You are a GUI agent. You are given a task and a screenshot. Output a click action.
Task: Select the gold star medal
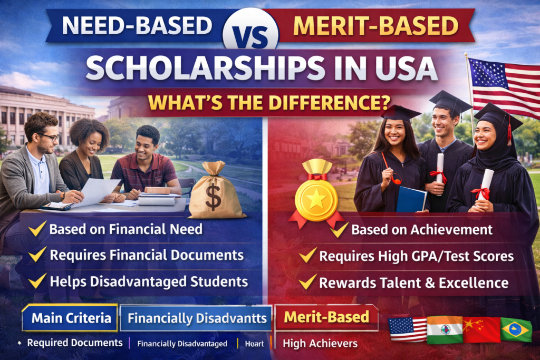315,200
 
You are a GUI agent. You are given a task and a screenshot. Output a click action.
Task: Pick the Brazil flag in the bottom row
516,330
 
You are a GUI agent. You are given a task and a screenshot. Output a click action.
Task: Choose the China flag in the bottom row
480,330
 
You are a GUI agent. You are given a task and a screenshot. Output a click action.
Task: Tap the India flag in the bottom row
443,330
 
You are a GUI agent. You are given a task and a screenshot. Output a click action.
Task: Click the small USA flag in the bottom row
407,330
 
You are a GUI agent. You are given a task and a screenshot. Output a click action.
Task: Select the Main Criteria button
70,318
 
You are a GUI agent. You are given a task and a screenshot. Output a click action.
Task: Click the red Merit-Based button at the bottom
326,317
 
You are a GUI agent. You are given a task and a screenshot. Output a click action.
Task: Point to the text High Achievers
320,344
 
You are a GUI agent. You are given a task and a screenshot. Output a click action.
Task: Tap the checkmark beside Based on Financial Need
37,229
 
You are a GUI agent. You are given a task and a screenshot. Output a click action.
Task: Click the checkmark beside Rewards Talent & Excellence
307,282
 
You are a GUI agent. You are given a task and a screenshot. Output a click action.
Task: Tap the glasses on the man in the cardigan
50,137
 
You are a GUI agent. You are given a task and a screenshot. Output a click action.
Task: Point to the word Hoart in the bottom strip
254,344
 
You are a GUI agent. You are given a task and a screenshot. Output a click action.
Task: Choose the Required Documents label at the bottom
75,343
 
